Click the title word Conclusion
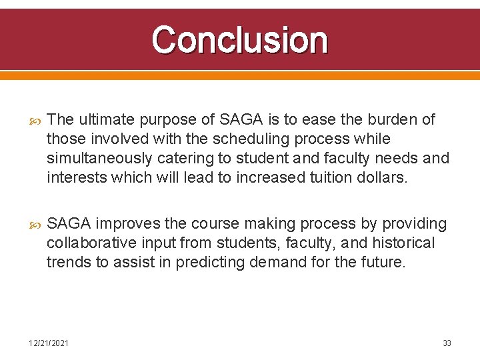[239, 40]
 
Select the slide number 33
[447, 343]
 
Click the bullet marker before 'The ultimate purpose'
[36, 121]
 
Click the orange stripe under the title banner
[239, 76]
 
